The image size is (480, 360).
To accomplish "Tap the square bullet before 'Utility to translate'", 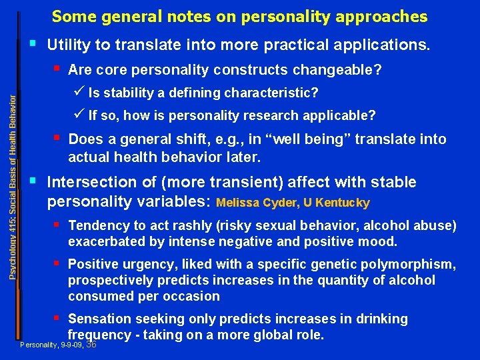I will click(x=33, y=45).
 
